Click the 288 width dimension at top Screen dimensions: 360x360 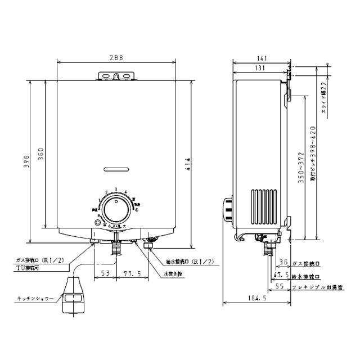click(116, 58)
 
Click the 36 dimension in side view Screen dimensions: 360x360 click(283, 261)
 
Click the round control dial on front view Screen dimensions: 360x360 click(116, 209)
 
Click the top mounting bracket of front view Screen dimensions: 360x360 click(116, 76)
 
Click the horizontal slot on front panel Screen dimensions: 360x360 click(116, 168)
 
